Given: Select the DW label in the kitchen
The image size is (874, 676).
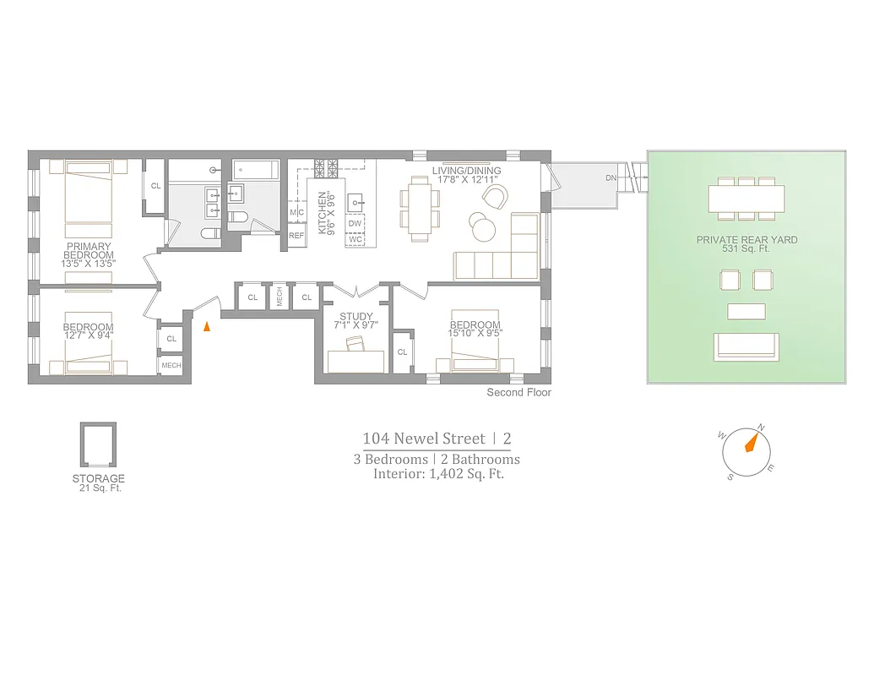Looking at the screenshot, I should tap(356, 224).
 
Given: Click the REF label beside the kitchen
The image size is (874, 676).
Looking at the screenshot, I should tap(296, 236).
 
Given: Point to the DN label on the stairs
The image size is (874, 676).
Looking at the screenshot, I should tap(611, 178).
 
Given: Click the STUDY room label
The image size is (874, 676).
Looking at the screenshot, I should tap(356, 318).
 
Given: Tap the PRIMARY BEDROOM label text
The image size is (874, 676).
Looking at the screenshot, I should tap(90, 251).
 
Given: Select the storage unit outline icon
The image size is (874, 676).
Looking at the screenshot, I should tap(98, 446).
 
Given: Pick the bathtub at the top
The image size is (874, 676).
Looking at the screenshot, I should tap(255, 169).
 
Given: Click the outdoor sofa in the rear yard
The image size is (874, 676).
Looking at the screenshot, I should tap(746, 346).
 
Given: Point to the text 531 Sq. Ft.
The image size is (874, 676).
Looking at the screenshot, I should tap(746, 250).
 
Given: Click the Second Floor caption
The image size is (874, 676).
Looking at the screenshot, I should tap(518, 393).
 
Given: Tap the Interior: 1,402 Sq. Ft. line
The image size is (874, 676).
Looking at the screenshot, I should tap(438, 474).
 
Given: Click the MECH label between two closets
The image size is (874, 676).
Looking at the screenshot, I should tap(279, 297).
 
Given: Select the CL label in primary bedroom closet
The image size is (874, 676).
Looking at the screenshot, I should tap(155, 186).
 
